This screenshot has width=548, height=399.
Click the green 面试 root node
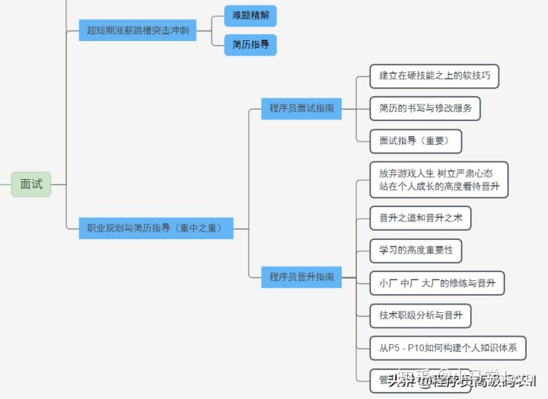point(31,184)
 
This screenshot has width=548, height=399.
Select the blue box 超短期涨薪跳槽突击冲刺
point(138,31)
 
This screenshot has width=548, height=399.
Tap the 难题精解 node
point(250,14)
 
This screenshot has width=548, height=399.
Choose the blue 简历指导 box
point(250,45)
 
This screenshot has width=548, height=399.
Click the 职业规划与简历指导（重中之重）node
point(156,228)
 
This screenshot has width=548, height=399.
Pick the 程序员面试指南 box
point(301,108)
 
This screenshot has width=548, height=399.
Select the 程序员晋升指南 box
point(301,277)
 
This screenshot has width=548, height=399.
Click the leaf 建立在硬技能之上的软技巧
point(434,75)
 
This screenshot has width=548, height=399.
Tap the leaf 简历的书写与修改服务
point(425,108)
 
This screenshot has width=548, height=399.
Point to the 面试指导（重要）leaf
point(416,141)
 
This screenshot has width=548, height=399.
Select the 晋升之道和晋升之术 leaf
point(420,218)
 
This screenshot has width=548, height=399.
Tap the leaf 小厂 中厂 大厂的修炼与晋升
point(437,283)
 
